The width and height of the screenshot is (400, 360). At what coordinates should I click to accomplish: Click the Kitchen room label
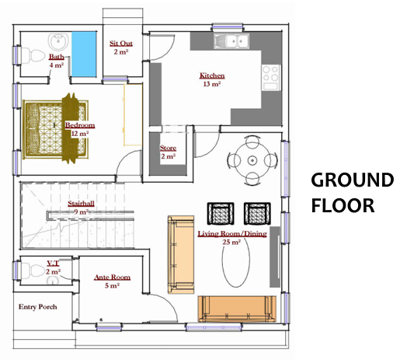pyautogui.click(x=212, y=75)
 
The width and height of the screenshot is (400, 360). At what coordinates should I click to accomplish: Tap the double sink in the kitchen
pyautogui.click(x=231, y=41)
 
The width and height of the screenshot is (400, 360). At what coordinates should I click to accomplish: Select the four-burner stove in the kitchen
pyautogui.click(x=271, y=77)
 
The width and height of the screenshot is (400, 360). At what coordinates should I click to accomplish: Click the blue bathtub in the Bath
pyautogui.click(x=84, y=54)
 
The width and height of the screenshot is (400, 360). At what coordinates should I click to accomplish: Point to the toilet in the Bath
pyautogui.click(x=33, y=55)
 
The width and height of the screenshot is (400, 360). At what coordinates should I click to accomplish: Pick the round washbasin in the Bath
pyautogui.click(x=58, y=41)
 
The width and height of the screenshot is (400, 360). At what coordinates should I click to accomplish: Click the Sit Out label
pyautogui.click(x=121, y=44)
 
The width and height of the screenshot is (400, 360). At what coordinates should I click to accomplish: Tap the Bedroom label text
pyautogui.click(x=80, y=125)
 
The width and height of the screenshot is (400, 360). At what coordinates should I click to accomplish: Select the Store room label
pyautogui.click(x=168, y=148)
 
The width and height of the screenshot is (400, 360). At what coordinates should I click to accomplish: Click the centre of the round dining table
pyautogui.click(x=252, y=160)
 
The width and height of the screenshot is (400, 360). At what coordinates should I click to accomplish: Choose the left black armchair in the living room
pyautogui.click(x=221, y=214)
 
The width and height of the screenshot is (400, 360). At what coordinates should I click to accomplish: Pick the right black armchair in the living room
pyautogui.click(x=257, y=214)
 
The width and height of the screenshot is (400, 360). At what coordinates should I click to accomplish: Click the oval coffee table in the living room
pyautogui.click(x=236, y=262)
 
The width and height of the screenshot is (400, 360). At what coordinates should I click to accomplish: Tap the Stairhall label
pyautogui.click(x=81, y=204)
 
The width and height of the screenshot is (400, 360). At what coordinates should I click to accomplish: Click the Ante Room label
pyautogui.click(x=112, y=278)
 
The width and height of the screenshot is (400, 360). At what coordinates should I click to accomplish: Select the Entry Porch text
pyautogui.click(x=38, y=307)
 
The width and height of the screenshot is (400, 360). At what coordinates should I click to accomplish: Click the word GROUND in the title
pyautogui.click(x=353, y=180)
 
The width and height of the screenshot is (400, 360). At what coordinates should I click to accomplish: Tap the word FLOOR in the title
pyautogui.click(x=343, y=205)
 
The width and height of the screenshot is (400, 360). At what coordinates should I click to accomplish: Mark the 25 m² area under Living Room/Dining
pyautogui.click(x=231, y=242)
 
